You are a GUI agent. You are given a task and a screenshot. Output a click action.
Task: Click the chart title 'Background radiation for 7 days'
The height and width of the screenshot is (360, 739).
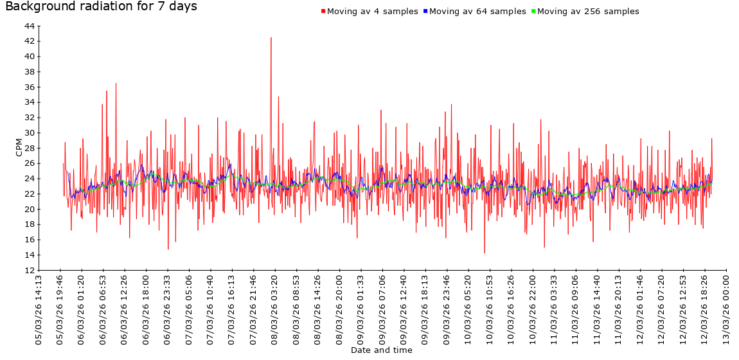[x=101, y=7]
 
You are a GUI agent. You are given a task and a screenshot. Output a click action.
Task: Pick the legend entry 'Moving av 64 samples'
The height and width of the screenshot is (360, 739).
[x=477, y=12]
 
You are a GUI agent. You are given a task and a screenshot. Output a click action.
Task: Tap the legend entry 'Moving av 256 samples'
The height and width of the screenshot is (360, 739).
[x=588, y=12]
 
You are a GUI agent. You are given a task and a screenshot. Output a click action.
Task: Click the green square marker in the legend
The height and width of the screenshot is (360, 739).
[x=533, y=12]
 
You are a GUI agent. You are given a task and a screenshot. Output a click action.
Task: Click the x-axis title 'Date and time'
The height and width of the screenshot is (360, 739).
[x=382, y=350]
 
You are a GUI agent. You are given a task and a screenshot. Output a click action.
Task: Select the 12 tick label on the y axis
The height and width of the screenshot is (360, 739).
[x=30, y=270]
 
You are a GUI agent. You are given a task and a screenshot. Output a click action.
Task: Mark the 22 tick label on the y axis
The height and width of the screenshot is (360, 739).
[x=30, y=194]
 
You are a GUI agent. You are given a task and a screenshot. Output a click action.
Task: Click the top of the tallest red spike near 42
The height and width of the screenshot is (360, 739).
[x=271, y=37]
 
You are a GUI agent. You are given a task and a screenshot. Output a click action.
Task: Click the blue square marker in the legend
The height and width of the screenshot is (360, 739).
[x=425, y=12]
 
